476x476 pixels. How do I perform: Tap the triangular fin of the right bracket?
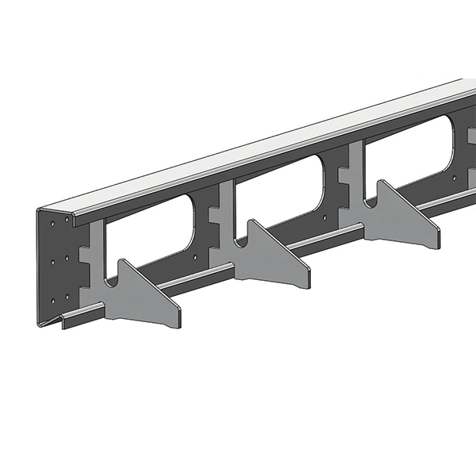pos(401,217)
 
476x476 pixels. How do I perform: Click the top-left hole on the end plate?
pos(53,225)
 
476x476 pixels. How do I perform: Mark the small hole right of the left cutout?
pos(196,256)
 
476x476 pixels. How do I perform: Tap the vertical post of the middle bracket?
pos(223,214)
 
